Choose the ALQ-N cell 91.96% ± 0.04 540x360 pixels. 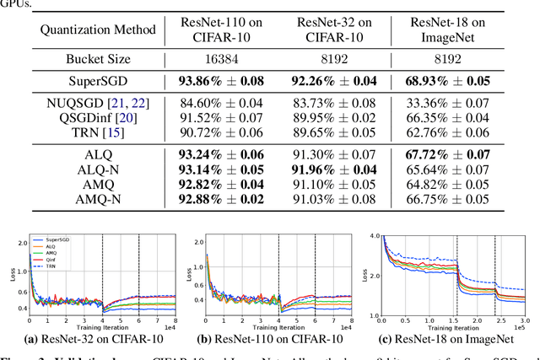click(338, 169)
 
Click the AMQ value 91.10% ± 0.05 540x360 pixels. click(338, 184)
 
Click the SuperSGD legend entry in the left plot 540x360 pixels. click(51, 239)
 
